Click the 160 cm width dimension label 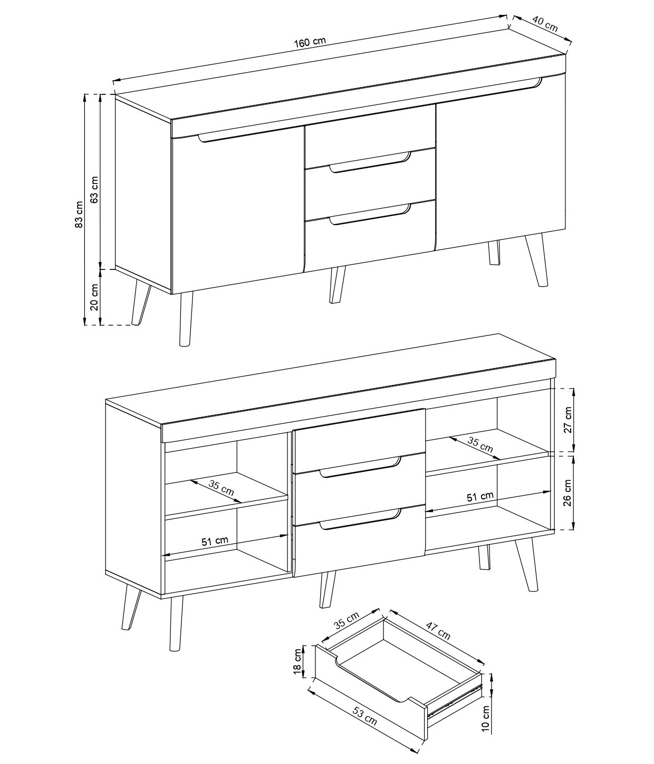(x=310, y=42)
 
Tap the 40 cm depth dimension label (x=545, y=23)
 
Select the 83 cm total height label (x=79, y=215)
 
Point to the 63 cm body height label (x=94, y=190)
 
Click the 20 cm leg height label (x=94, y=297)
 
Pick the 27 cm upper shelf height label (x=568, y=420)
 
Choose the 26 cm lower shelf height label (x=568, y=492)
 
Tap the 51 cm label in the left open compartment (x=215, y=541)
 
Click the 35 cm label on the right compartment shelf (x=480, y=445)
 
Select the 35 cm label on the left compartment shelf (x=221, y=488)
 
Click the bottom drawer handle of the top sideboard (x=370, y=215)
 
